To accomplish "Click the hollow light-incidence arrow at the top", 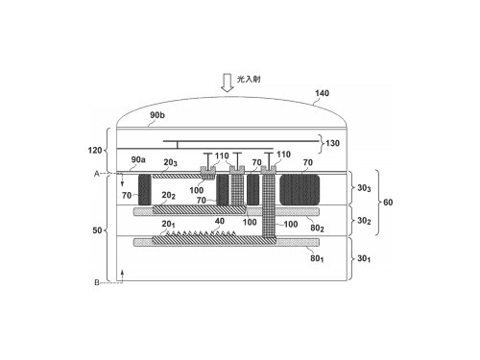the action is point(228,84).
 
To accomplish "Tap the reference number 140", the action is point(322,93).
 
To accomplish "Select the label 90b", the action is point(157,115).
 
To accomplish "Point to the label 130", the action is point(332,143).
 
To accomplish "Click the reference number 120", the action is point(95,150).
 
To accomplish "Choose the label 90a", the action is point(138,159).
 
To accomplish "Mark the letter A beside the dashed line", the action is point(97,174).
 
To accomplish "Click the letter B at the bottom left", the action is point(97,282).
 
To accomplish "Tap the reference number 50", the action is point(97,230).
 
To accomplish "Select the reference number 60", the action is point(388,203).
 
